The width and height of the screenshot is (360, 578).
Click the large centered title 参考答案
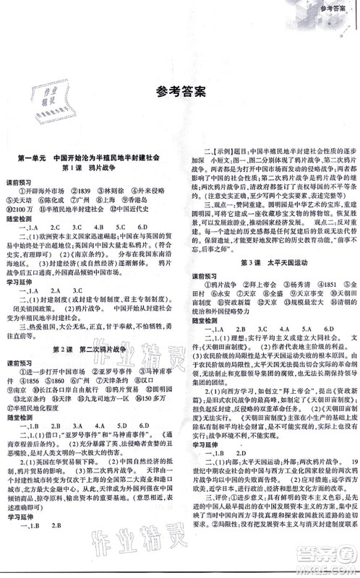tap(180, 112)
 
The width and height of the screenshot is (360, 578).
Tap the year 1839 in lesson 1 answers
tap(82, 210)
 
